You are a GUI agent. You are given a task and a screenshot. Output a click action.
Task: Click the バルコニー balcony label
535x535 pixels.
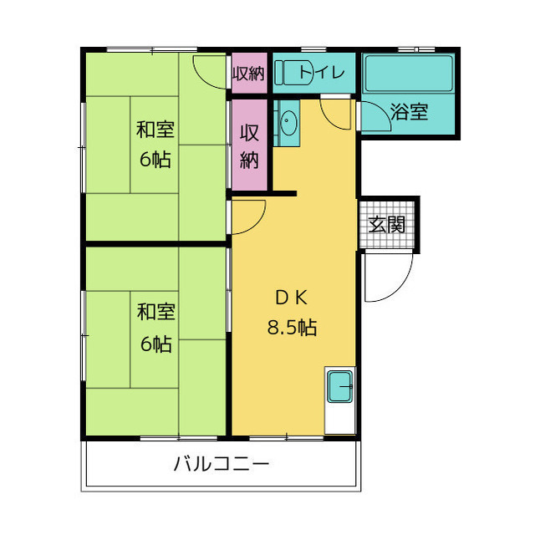coord(222,463)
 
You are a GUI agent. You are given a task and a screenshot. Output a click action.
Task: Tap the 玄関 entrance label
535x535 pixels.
coord(387,224)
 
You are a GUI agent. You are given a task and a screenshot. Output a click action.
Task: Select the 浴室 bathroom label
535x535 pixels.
coord(410,113)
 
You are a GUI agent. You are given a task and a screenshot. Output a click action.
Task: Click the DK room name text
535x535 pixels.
coord(293,298)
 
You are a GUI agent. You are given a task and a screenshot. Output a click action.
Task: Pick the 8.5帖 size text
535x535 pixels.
coord(292,328)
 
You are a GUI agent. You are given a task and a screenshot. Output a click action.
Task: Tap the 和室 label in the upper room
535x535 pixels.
coord(155,130)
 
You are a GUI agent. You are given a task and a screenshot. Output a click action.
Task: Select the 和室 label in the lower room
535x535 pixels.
coord(155,313)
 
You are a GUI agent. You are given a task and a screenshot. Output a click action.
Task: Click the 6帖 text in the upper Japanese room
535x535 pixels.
coord(155,160)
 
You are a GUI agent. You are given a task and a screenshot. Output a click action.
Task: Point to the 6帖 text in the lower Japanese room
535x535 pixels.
coord(155,343)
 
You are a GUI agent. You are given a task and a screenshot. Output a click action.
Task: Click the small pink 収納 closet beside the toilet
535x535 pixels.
coord(248,73)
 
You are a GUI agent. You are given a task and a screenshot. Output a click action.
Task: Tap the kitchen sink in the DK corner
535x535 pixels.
coord(341,387)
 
